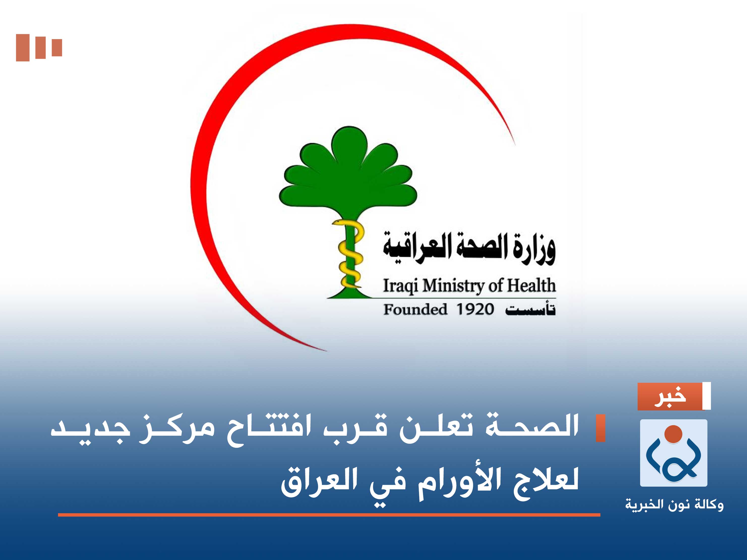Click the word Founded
coord(415,309)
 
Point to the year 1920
coord(475,309)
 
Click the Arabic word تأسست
coord(530,310)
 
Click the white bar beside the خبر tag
coord(706,396)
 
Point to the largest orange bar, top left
coord(23,48)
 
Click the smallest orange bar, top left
coord(57,47)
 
